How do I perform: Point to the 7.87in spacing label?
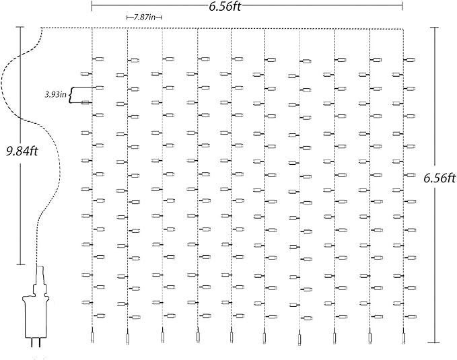(143, 17)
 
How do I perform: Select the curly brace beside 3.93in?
(71, 94)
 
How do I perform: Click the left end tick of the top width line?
(92, 6)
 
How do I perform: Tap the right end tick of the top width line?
(403, 6)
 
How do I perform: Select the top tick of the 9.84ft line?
(20, 28)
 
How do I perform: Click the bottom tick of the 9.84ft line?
(20, 265)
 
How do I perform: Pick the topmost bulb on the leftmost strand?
(98, 59)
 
